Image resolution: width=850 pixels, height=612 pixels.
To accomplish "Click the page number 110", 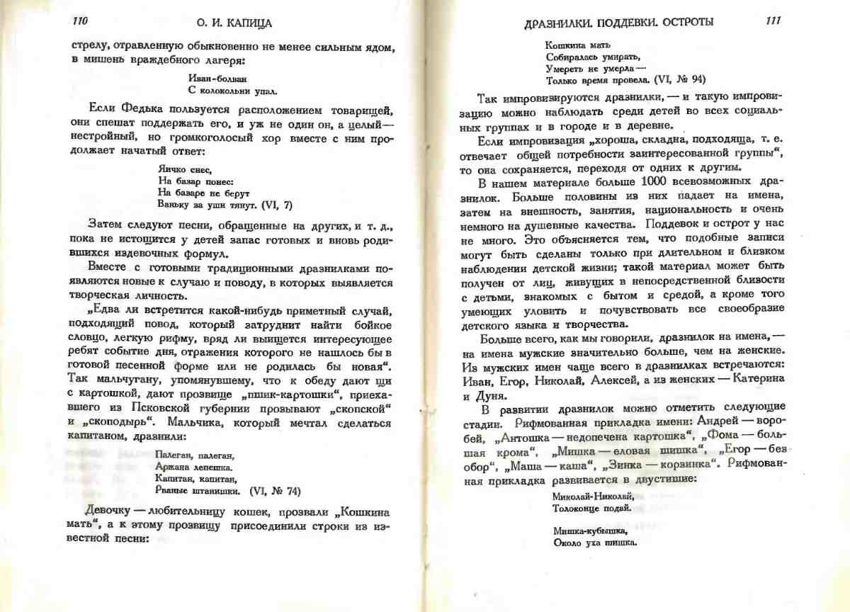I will coord(83,21).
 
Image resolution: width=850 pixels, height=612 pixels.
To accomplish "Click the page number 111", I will coord(771,21).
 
